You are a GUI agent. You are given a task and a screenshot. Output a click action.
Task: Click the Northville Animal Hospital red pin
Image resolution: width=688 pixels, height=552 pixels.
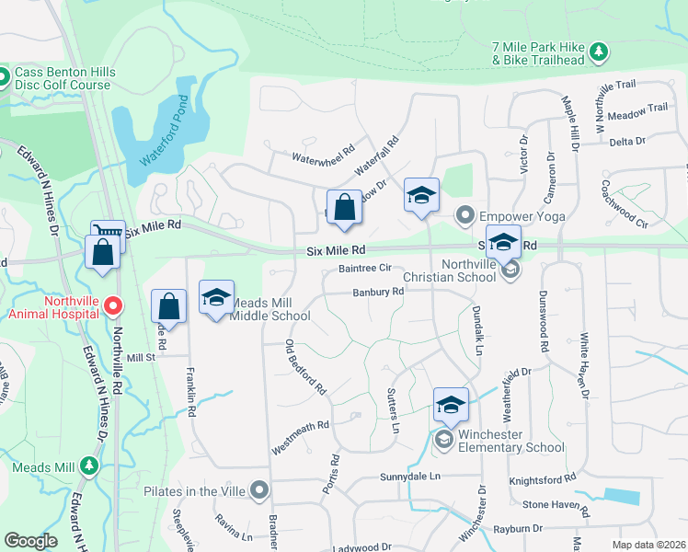click(x=113, y=305)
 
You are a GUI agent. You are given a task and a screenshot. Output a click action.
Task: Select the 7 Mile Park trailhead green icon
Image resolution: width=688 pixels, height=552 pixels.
click(x=599, y=50)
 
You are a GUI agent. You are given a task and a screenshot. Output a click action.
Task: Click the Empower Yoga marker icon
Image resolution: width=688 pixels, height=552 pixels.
click(x=465, y=216)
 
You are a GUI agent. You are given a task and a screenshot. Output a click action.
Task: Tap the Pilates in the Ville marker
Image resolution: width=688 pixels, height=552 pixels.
click(x=259, y=490)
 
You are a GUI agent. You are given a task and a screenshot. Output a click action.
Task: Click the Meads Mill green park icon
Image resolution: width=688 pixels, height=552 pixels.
click(x=88, y=466)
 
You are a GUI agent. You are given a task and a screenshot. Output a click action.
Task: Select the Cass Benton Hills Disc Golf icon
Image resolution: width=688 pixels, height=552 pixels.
click(x=4, y=75)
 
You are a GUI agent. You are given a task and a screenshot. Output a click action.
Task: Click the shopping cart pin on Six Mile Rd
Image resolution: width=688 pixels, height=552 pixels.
click(x=108, y=235)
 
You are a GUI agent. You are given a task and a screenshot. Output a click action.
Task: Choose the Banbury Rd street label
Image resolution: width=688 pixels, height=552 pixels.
click(x=378, y=293)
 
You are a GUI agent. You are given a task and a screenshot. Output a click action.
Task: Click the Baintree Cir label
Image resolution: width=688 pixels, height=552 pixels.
click(x=365, y=269)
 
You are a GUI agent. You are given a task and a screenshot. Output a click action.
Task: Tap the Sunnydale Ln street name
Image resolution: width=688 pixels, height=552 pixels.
click(x=411, y=477)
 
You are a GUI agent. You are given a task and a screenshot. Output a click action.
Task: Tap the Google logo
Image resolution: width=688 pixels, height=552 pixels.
click(x=31, y=540)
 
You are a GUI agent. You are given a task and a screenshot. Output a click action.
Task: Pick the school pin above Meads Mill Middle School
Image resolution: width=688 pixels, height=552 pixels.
click(x=216, y=297)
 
